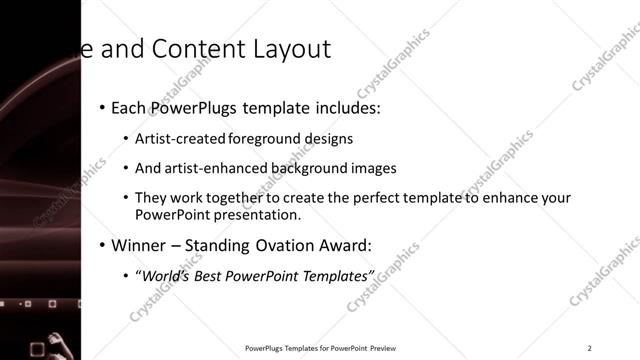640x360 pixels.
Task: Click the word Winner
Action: point(139,245)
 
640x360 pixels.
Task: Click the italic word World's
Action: point(163,275)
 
